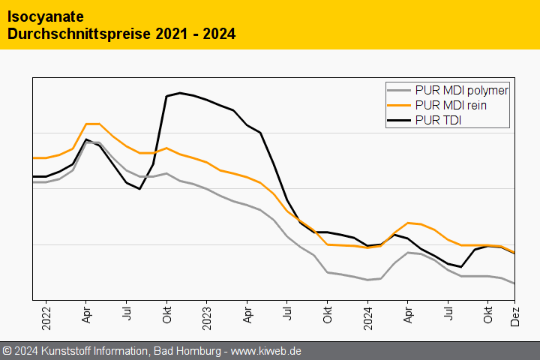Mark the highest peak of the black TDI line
[180, 93]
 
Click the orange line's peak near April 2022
[93, 124]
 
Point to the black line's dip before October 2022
[139, 188]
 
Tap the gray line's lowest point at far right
[514, 283]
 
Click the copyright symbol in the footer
[7, 350]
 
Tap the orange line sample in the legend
[400, 105]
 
